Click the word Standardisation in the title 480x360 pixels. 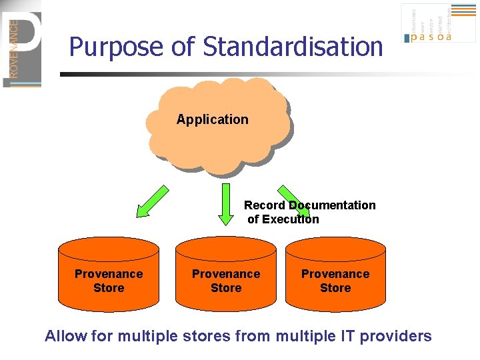(x=293, y=47)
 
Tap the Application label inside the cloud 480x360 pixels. (x=212, y=120)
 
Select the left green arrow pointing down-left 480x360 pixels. (x=152, y=201)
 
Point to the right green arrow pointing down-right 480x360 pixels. (x=293, y=201)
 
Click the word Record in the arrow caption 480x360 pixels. (x=265, y=205)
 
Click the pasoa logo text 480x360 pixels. (x=431, y=37)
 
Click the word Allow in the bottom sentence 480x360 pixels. (x=66, y=336)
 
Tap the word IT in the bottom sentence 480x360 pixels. (x=347, y=336)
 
